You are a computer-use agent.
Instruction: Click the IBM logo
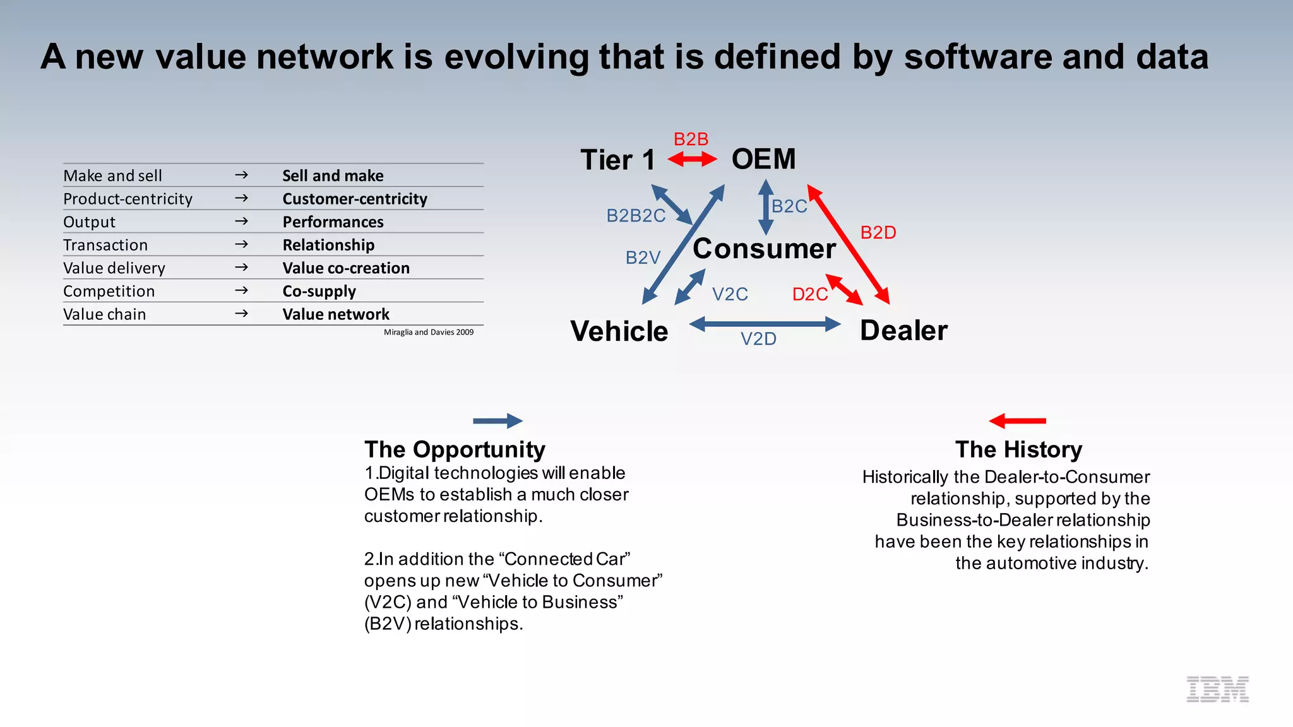coord(1217,689)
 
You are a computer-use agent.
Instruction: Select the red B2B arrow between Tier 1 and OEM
coord(692,159)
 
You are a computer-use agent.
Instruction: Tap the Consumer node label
coord(764,249)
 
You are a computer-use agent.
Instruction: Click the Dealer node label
coord(903,331)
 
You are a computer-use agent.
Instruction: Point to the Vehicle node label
coord(619,331)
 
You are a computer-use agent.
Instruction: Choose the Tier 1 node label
coord(617,160)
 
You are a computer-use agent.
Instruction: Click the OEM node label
coord(763,159)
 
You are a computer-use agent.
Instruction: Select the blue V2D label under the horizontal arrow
coord(758,340)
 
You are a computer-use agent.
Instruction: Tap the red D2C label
coord(809,295)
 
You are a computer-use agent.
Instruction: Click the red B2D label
coord(878,233)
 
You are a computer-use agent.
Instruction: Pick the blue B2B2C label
coord(636,216)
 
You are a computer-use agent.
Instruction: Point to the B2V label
coord(643,257)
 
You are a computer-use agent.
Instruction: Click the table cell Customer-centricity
coord(355,199)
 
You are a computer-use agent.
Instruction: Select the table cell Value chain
coord(105,314)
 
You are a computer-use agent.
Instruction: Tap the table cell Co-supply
coord(319,292)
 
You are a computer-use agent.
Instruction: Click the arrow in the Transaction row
coord(241,245)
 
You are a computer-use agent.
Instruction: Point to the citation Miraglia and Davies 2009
coord(429,332)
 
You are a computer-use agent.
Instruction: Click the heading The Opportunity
coord(455,449)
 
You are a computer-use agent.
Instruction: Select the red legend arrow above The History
coord(1017,421)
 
